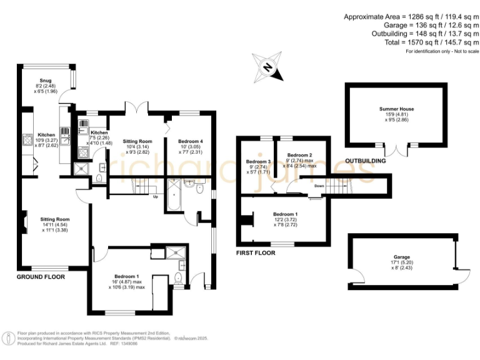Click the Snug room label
point(45,81)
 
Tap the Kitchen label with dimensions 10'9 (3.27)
point(47,135)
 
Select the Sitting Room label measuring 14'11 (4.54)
point(54,219)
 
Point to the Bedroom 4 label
point(191,142)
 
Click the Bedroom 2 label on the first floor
point(299,155)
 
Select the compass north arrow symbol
point(268,68)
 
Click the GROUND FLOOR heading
point(42,276)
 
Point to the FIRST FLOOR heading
point(256,253)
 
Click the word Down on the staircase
point(319,186)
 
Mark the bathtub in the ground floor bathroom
point(174,194)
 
